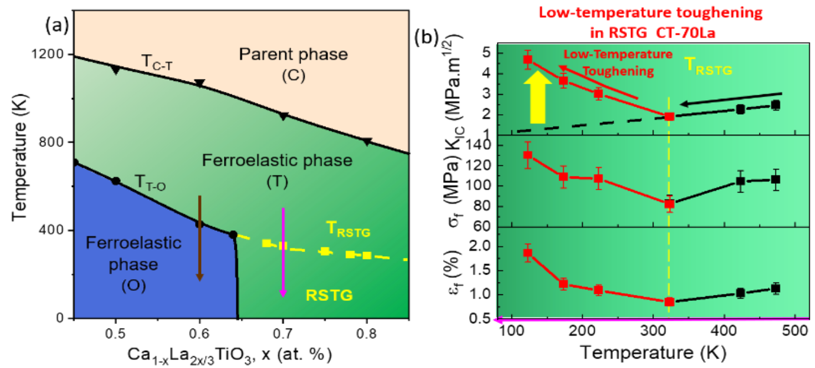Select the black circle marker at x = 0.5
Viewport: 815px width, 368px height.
click(x=116, y=181)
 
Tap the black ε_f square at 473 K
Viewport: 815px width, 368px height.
click(x=776, y=289)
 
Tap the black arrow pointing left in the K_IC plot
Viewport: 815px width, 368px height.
click(x=730, y=99)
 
